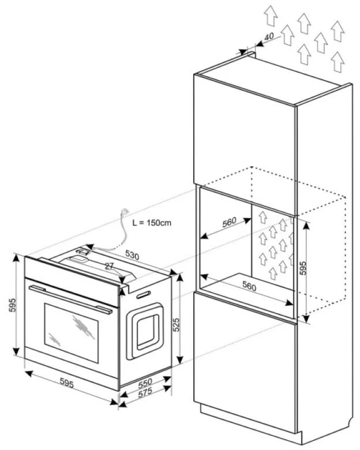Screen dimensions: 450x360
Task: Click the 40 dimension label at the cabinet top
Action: tap(268, 36)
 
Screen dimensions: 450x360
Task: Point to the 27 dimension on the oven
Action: tap(110, 267)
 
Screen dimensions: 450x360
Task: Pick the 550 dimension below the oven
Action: tap(145, 382)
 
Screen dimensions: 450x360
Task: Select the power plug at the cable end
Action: tap(124, 214)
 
